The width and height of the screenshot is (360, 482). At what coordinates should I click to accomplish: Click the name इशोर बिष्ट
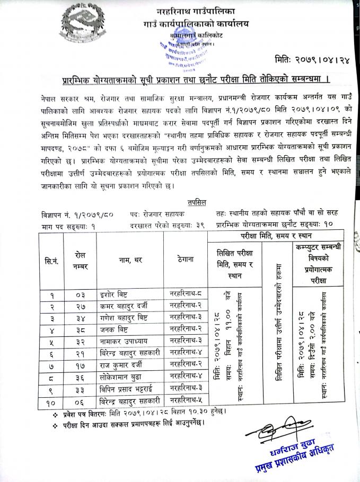coord(114,293)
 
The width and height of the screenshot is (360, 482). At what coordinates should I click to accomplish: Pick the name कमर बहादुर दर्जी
coord(124,306)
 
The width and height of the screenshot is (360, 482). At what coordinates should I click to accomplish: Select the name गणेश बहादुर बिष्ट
coord(124,317)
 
